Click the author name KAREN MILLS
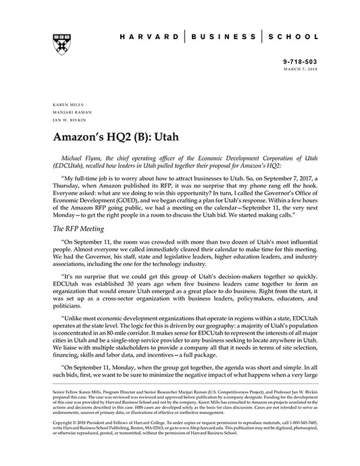[62, 105]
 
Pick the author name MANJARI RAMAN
[66, 112]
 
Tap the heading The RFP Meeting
[78, 230]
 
